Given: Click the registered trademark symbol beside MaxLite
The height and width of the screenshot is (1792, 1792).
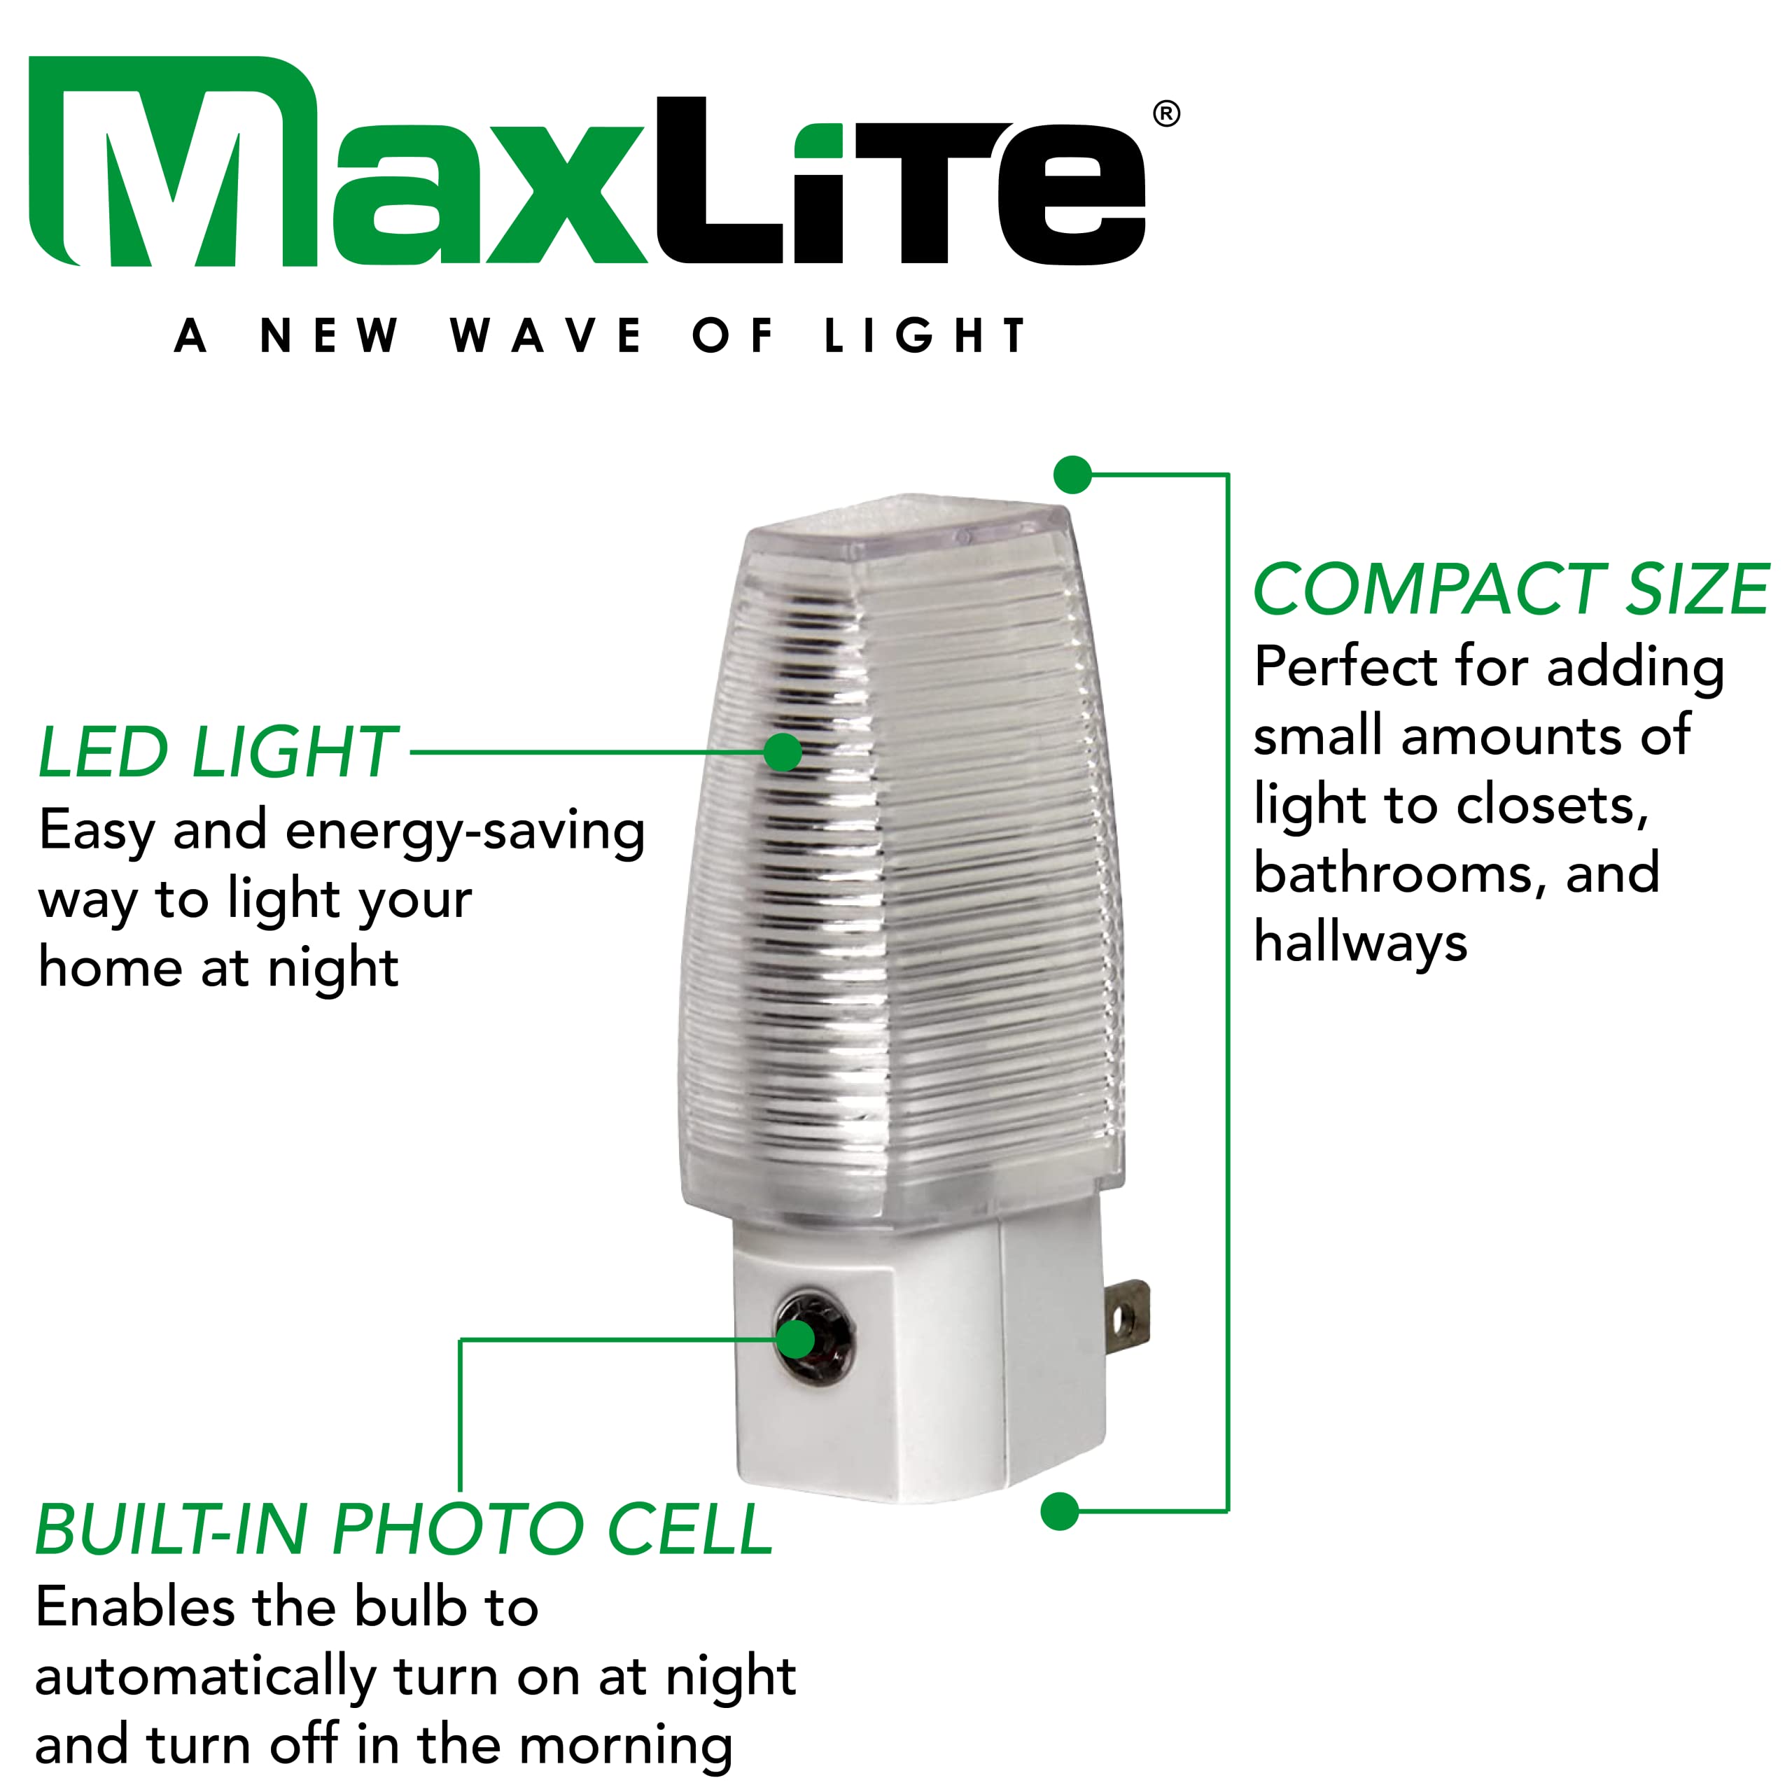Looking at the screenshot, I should pos(1166,114).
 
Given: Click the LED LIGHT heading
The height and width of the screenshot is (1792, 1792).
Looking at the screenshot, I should pos(218,752).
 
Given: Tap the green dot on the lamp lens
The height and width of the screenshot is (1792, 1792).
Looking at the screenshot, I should pos(783,752).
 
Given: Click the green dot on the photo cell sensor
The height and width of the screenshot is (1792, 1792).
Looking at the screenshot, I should pos(796,1339).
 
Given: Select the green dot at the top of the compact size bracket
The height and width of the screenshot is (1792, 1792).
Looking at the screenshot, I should pos(1072,475).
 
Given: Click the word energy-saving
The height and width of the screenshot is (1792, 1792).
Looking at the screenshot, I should pos(465,831).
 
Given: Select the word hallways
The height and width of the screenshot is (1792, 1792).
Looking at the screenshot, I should pos(1360,944).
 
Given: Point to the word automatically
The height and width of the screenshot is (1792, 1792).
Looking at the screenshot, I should pos(205,1677).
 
